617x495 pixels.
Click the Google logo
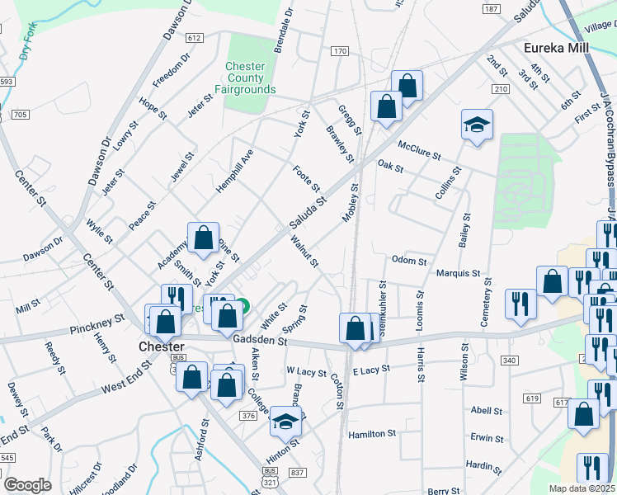tap(27, 485)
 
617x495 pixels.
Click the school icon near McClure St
tap(477, 126)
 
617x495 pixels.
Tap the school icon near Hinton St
tap(285, 422)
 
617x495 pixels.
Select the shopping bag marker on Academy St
tap(203, 239)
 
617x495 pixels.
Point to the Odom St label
tap(409, 262)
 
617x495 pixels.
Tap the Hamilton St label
tap(372, 433)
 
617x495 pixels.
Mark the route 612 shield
tap(195, 38)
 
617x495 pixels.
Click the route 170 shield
tap(340, 51)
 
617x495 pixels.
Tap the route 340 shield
tap(509, 360)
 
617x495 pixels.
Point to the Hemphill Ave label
tap(233, 172)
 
